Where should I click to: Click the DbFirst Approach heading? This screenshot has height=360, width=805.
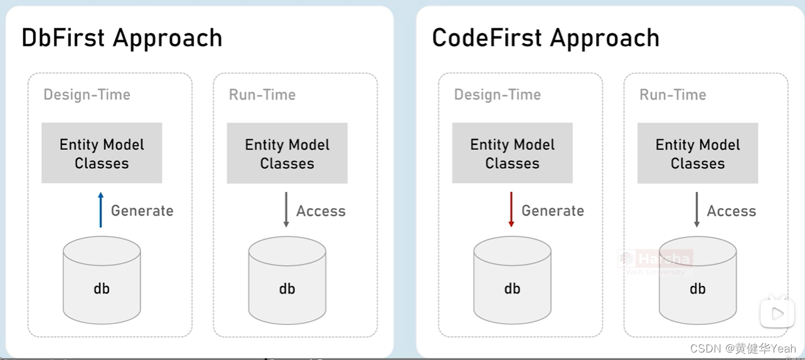click(122, 38)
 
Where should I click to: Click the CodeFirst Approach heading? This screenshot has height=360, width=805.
click(545, 38)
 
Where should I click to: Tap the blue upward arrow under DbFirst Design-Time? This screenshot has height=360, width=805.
click(100, 210)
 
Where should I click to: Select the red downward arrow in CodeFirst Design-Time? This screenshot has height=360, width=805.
click(511, 210)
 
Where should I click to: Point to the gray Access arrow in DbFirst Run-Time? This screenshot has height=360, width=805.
click(286, 210)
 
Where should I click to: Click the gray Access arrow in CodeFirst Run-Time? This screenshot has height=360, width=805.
click(696, 210)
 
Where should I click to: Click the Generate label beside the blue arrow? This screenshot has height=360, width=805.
click(142, 211)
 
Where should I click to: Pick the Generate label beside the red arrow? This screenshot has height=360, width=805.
click(553, 211)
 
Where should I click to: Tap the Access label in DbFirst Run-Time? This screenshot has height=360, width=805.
click(321, 211)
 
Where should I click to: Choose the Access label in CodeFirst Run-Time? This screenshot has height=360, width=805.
click(731, 211)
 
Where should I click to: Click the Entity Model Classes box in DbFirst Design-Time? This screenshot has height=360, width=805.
click(102, 153)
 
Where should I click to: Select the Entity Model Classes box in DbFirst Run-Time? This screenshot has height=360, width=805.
click(287, 153)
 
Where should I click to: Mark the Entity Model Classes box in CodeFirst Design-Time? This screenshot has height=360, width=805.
click(512, 153)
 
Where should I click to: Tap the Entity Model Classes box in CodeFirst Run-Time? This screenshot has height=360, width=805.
click(697, 153)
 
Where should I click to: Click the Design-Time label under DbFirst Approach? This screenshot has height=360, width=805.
click(87, 95)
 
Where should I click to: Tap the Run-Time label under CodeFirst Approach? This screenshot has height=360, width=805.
click(673, 95)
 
